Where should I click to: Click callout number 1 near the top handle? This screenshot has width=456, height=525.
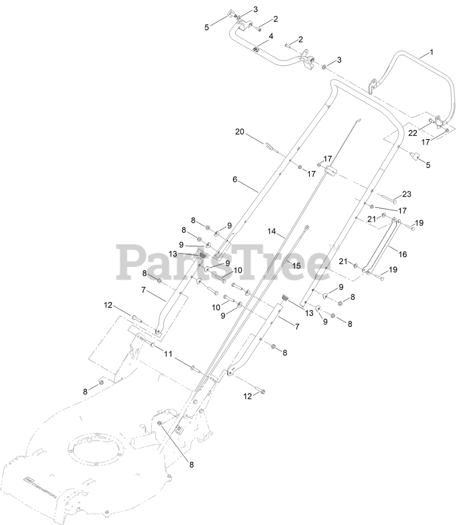431,52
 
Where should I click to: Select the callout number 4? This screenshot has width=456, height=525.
271,36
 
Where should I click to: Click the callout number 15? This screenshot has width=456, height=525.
296,265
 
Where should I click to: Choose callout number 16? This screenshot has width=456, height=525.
403,254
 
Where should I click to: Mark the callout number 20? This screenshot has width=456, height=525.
239,132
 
